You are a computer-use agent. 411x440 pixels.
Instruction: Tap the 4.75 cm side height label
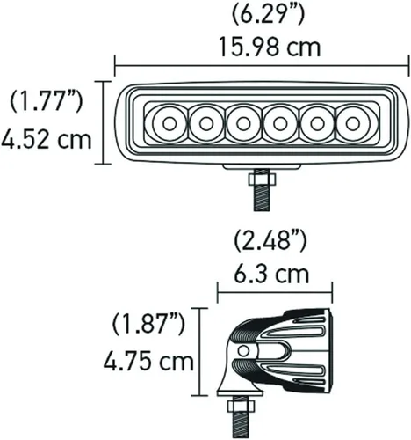click(x=147, y=362)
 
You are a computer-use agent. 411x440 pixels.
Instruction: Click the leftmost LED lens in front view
click(x=167, y=122)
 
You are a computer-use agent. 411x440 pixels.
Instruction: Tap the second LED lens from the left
click(x=205, y=122)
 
